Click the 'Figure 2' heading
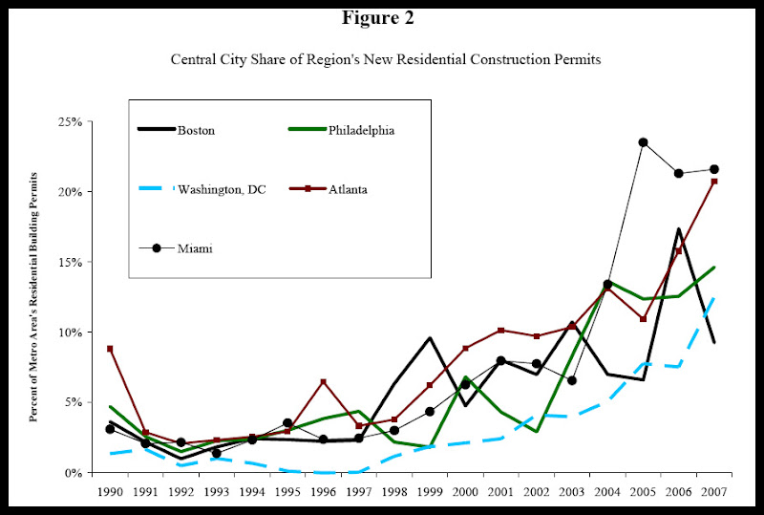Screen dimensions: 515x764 coord(381,17)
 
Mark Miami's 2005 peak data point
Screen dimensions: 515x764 coord(643,142)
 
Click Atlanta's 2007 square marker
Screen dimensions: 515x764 coord(713,182)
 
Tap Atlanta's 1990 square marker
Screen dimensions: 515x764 coord(111,349)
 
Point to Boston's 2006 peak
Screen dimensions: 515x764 coord(678,229)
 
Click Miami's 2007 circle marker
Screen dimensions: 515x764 coord(713,169)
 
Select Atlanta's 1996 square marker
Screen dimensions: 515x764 coord(324,382)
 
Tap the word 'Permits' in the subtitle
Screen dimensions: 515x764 coord(568,58)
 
